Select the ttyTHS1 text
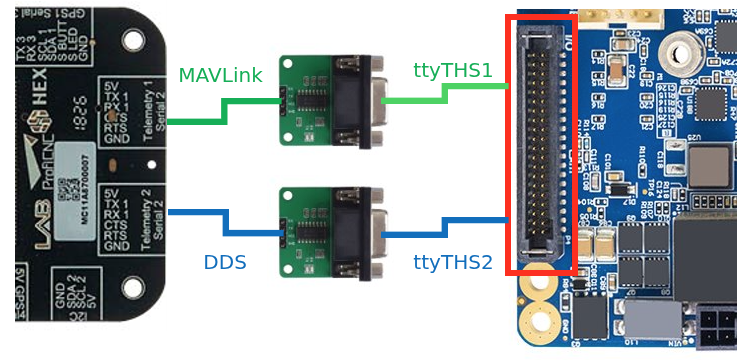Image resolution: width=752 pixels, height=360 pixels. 453,70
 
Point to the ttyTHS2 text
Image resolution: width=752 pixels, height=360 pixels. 453,263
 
